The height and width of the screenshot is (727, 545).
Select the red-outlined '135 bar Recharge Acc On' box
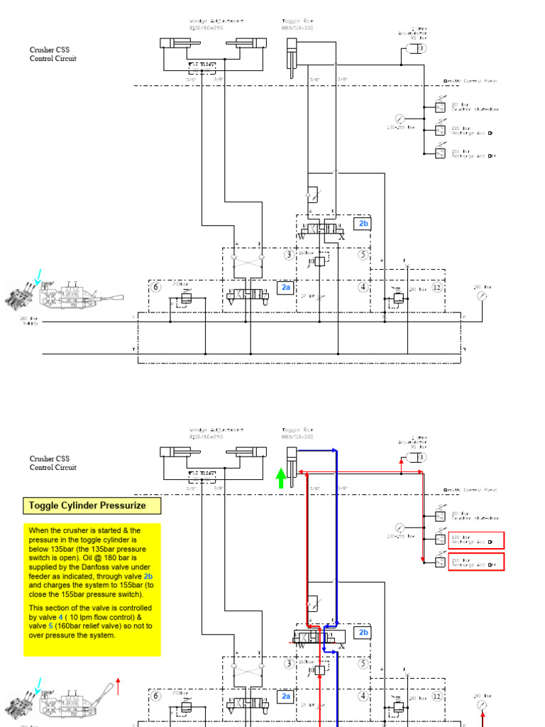[475, 540]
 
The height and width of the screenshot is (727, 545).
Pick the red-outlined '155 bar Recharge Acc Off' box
[475, 562]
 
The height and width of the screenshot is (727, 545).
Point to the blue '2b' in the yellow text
[148, 576]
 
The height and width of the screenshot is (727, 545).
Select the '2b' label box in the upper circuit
[363, 224]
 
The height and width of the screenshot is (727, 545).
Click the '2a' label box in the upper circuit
[286, 288]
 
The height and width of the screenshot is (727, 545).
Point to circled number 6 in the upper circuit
[157, 287]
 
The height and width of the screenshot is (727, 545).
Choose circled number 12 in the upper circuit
[436, 287]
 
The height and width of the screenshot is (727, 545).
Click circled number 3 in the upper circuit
[289, 255]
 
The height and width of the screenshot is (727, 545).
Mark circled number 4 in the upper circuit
[363, 287]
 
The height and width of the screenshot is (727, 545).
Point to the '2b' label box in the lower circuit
[363, 632]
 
